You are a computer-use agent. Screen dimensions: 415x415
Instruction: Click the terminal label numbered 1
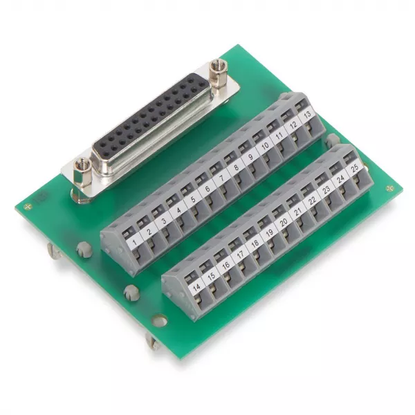tap(134, 241)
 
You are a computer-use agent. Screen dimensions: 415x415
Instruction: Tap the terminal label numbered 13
tap(308, 115)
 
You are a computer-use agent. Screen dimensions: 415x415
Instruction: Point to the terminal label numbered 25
tap(355, 167)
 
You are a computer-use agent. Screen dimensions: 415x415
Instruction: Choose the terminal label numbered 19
tap(270, 232)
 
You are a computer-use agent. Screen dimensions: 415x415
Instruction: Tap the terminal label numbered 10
tap(265, 146)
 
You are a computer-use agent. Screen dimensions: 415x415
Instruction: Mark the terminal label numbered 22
tap(313, 201)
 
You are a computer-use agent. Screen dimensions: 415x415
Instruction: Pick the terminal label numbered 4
tap(179, 210)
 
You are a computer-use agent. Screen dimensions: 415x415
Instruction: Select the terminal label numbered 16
tap(225, 266)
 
